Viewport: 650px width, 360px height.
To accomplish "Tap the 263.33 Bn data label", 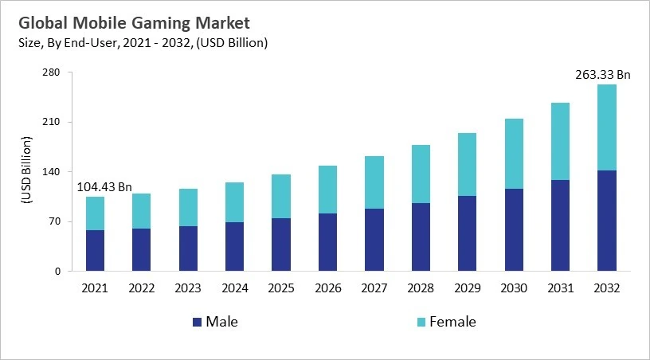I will [x=602, y=75].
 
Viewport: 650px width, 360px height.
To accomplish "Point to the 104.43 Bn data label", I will [x=104, y=186].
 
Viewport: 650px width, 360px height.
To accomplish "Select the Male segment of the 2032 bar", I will [x=607, y=221].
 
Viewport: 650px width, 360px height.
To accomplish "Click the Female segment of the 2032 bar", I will [x=607, y=127].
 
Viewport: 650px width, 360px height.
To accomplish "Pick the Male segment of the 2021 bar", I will [x=96, y=250].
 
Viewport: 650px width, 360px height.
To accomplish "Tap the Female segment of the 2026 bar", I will [x=328, y=190].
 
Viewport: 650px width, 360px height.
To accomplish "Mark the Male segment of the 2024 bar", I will [x=235, y=246].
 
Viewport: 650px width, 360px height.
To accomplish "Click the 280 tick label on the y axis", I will [x=52, y=72].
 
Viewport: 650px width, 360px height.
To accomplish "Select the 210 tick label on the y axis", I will [x=52, y=122].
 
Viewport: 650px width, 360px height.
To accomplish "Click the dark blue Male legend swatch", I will [x=196, y=323].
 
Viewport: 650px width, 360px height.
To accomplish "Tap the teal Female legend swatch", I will [x=420, y=323].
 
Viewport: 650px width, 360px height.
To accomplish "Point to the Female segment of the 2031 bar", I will [x=561, y=141].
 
